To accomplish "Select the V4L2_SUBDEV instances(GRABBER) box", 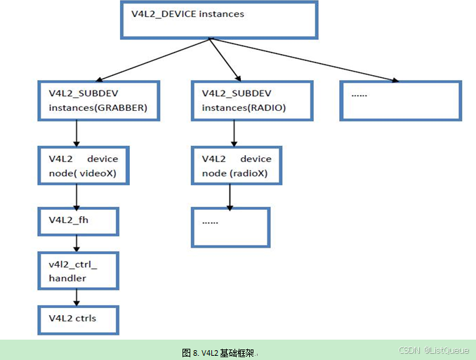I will (99, 100).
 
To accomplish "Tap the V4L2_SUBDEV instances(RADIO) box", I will (251, 100).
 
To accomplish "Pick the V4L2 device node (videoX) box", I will (83, 166).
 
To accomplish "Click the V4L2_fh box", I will (77, 221).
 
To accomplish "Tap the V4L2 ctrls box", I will (77, 319).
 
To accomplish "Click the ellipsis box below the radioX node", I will (230, 227).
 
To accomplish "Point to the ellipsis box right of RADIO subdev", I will (400, 100).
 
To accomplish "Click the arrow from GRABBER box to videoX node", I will (76, 133).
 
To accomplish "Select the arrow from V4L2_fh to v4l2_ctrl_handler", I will (76, 244).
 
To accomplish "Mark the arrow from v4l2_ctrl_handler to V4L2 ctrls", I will (76, 297).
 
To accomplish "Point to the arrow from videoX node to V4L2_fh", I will (76, 196).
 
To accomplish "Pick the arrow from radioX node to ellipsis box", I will (230, 196).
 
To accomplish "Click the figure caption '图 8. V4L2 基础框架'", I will (219, 352).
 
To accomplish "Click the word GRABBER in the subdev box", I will (124, 107).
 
